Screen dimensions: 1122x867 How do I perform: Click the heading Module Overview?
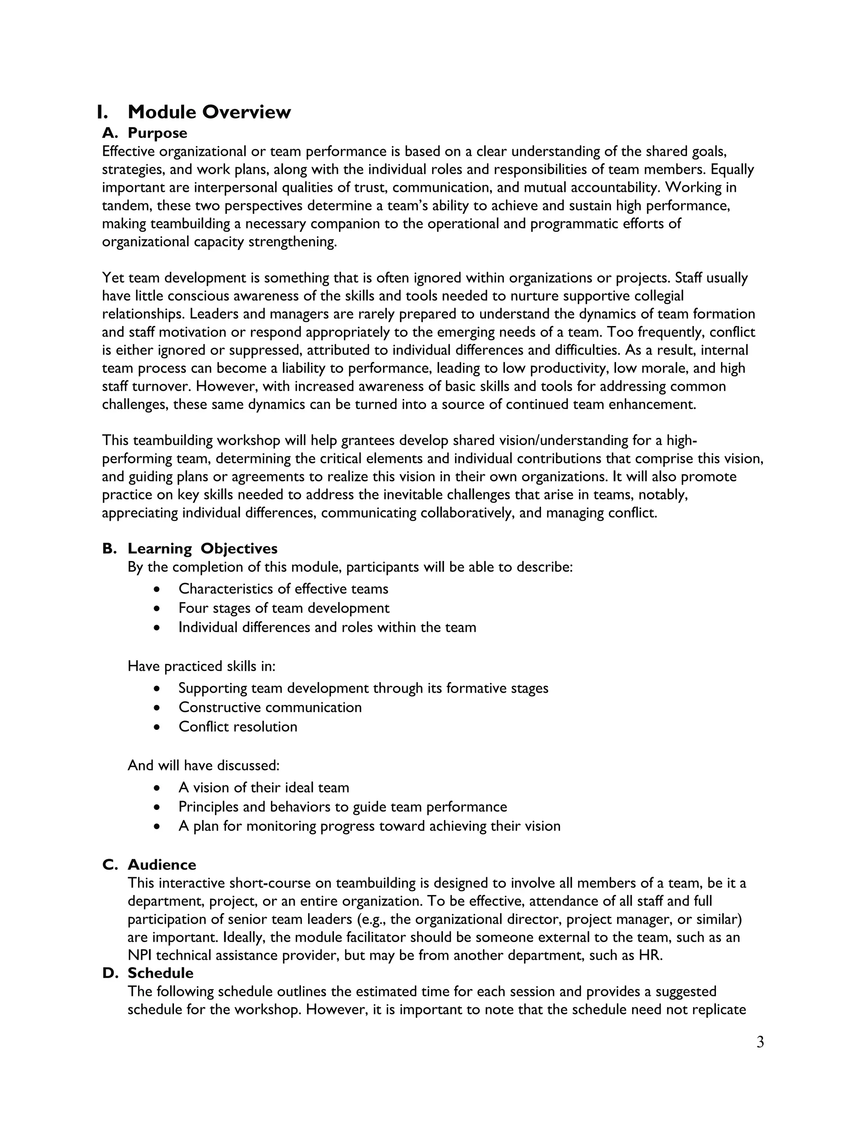click(x=209, y=112)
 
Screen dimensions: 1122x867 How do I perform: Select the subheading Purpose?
click(x=157, y=133)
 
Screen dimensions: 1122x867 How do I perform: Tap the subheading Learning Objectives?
click(x=202, y=549)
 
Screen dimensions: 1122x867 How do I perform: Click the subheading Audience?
click(x=162, y=865)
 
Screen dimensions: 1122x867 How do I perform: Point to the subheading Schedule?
click(x=160, y=973)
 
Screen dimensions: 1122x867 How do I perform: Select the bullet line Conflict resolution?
click(x=238, y=727)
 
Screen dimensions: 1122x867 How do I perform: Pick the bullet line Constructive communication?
click(x=270, y=707)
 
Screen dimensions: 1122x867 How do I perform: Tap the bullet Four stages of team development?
click(x=284, y=608)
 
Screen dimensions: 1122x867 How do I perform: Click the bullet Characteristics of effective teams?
click(x=284, y=589)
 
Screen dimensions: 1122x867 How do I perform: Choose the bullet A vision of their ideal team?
click(x=264, y=788)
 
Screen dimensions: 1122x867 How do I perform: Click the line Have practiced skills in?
click(x=202, y=666)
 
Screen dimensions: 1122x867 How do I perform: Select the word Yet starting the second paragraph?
click(x=113, y=278)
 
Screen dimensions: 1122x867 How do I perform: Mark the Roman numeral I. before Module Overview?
click(x=102, y=112)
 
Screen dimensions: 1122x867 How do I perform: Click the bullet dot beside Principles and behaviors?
click(x=157, y=807)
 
